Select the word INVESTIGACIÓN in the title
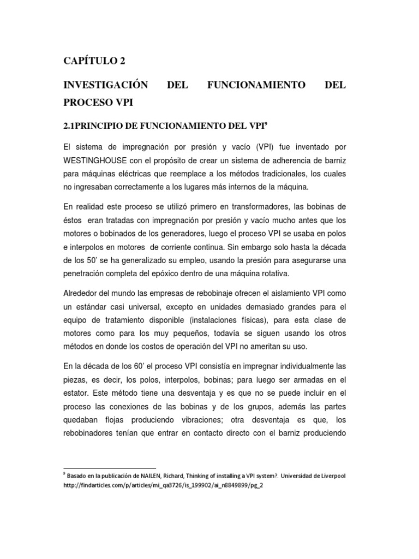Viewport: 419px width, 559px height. coord(106,85)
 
